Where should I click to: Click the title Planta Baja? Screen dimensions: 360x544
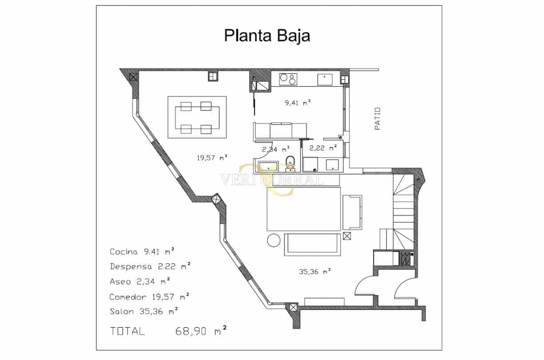click(x=267, y=36)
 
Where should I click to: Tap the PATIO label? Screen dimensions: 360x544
click(x=377, y=118)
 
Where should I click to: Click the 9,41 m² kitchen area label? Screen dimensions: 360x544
click(x=297, y=103)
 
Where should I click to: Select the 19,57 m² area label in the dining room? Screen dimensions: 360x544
click(x=212, y=157)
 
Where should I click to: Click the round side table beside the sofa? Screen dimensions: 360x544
click(x=274, y=240)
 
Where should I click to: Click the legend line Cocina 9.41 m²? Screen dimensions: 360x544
click(x=142, y=252)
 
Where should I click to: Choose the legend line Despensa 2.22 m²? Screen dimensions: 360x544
click(x=150, y=267)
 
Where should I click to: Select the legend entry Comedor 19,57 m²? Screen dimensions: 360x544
click(x=150, y=296)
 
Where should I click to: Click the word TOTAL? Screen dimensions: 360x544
click(x=127, y=332)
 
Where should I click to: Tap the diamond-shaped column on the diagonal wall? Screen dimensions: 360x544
click(x=217, y=199)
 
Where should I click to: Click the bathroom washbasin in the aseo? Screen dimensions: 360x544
click(x=268, y=168)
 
